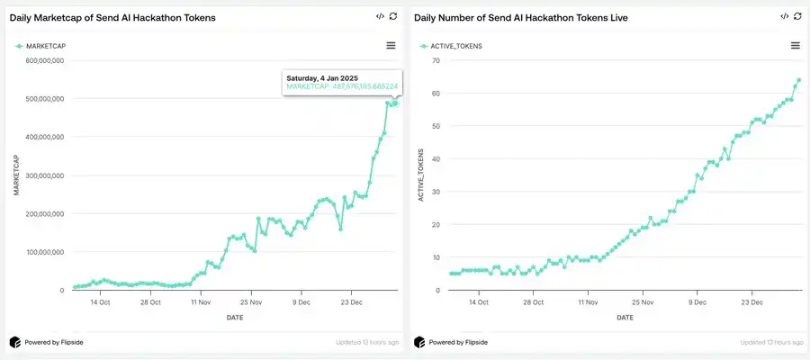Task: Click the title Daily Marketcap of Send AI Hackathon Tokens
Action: (x=112, y=18)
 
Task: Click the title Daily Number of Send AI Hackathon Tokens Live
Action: (x=521, y=18)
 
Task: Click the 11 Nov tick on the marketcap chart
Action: (x=202, y=302)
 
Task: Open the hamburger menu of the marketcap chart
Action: (x=391, y=45)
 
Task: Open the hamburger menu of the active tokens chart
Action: (x=796, y=45)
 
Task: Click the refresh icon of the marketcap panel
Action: (x=393, y=16)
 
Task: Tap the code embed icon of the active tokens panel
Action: (x=785, y=16)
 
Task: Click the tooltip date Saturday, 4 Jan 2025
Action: (x=324, y=77)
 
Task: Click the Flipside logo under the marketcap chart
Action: (x=15, y=342)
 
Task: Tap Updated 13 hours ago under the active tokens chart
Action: (x=772, y=342)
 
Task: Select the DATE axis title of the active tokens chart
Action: (x=625, y=318)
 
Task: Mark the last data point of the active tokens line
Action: (x=798, y=80)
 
